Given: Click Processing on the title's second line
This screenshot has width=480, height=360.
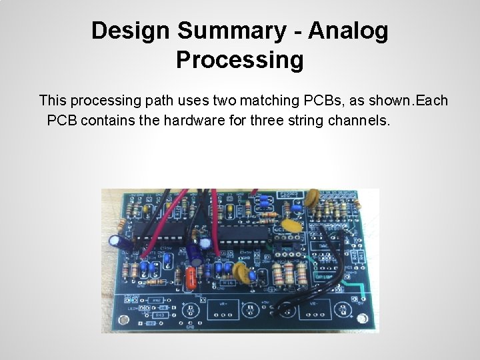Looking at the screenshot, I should point(240,60).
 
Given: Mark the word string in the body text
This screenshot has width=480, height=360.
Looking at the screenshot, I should point(323,122).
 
